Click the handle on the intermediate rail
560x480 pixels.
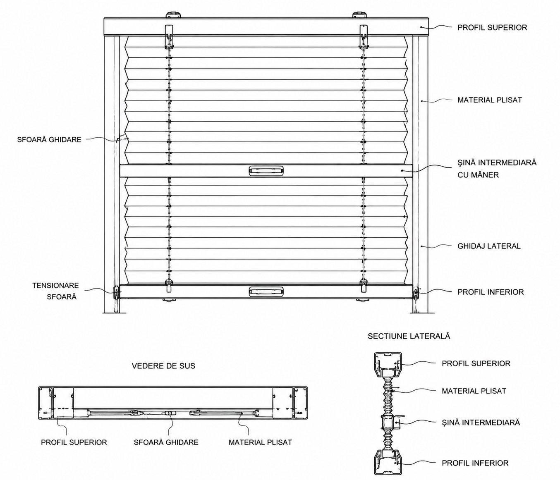(x=266, y=170)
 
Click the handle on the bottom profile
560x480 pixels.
(x=266, y=291)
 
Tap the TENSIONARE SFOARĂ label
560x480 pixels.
(x=55, y=291)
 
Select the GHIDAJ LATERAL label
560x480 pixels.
(x=489, y=246)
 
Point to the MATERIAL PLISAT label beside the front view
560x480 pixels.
(x=490, y=100)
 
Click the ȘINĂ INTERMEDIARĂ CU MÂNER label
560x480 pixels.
(x=497, y=169)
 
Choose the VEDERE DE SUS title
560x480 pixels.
(x=163, y=366)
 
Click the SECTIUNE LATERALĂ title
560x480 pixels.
(x=409, y=336)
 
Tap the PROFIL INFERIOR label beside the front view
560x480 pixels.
(x=491, y=292)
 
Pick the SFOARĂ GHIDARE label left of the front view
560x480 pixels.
(x=49, y=139)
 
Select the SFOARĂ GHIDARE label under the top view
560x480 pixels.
(x=166, y=442)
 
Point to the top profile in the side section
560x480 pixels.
(x=388, y=365)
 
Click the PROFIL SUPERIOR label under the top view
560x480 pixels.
(x=74, y=442)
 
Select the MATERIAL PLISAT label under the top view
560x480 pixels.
(x=261, y=442)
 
